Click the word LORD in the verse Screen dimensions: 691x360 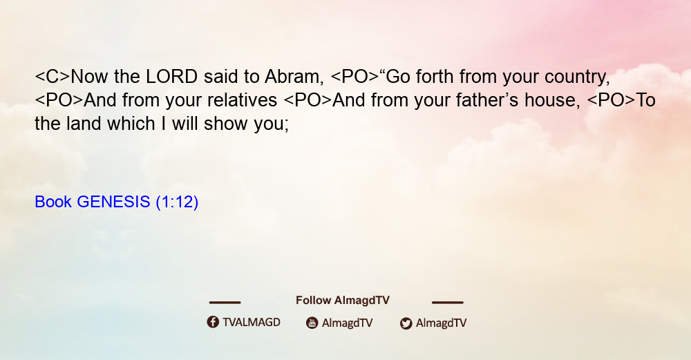pos(171,77)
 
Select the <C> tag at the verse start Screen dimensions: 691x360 pos(53,77)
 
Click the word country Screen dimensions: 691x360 pos(577,77)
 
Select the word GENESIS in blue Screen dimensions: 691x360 pos(113,202)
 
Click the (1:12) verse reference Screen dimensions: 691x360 pos(177,202)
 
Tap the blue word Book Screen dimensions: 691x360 pos(53,202)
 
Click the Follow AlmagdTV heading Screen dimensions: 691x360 pos(343,301)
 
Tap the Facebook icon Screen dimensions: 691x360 pos(213,322)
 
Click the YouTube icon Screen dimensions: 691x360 pos(312,323)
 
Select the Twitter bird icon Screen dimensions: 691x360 pos(406,323)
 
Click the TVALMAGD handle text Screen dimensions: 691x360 pos(252,323)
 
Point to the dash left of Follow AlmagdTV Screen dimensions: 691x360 pos(225,303)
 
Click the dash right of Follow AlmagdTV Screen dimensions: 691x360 pos(447,303)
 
